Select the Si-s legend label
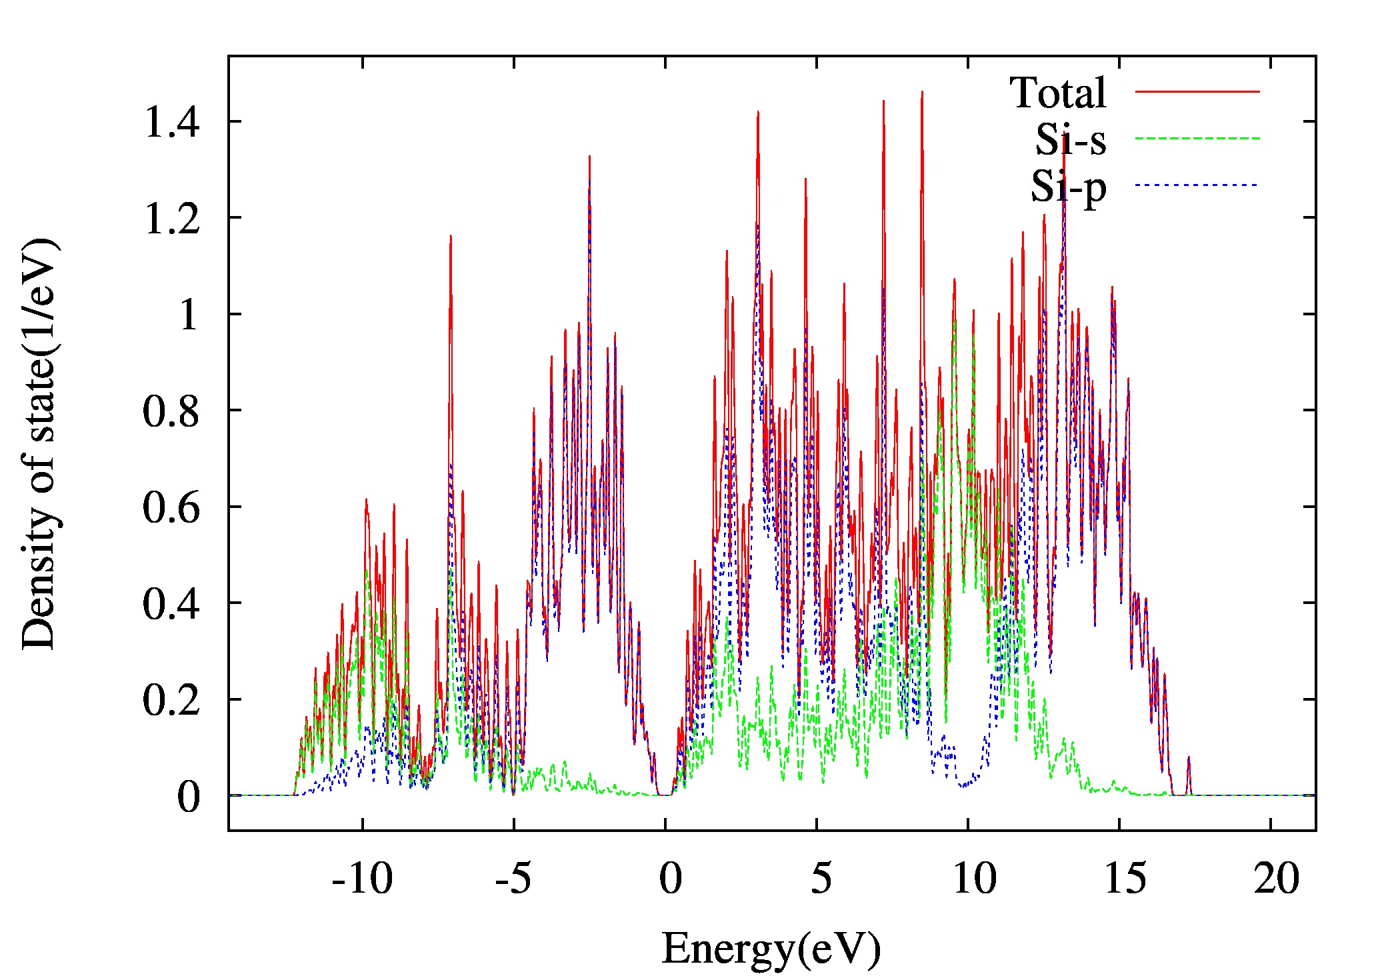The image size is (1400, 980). point(1071,139)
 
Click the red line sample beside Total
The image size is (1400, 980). point(1197,91)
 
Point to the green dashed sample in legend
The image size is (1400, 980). point(1197,138)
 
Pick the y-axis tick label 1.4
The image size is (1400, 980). point(171,122)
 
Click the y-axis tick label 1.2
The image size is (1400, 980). point(171,218)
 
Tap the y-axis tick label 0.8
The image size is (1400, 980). point(171,411)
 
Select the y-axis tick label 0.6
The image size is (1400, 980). point(171,507)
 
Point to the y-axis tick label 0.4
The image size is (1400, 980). point(171,603)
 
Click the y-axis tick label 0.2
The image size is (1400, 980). point(171,700)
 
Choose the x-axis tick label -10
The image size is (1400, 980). point(362,879)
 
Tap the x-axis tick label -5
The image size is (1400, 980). point(513,879)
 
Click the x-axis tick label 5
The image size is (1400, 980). point(821,879)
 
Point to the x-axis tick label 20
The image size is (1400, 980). point(1276,879)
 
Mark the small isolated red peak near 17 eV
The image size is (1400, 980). point(1189,758)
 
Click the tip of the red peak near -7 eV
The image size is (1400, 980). point(451,236)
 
